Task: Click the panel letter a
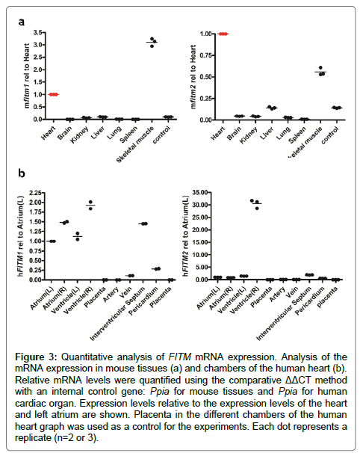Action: (21, 22)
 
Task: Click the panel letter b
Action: (22, 173)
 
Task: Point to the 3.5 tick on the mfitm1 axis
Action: (38, 32)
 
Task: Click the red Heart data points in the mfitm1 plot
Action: (54, 94)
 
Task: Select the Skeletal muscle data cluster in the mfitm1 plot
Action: (152, 42)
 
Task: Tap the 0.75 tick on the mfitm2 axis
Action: (206, 55)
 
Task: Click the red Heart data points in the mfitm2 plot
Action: (223, 34)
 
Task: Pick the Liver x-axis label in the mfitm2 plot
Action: (266, 134)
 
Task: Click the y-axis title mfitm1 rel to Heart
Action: (27, 76)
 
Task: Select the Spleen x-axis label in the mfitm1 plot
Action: (128, 135)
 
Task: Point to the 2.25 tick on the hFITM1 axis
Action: (36, 193)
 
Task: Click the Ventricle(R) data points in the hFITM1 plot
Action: (90, 205)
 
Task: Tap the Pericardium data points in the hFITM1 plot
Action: (156, 268)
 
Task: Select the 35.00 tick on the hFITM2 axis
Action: (202, 192)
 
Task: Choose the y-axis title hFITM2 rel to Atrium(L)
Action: (186, 235)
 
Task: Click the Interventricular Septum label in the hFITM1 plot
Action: (117, 313)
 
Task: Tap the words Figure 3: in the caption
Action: (36, 357)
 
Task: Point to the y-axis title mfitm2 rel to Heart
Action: (193, 77)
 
